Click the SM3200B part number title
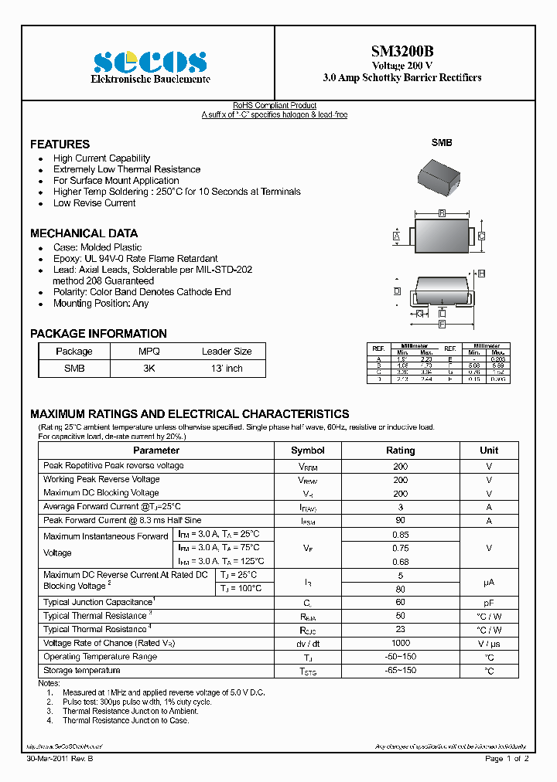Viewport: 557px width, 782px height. click(x=402, y=52)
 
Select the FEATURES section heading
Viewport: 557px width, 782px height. click(x=60, y=144)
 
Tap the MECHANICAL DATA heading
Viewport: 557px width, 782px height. click(x=84, y=233)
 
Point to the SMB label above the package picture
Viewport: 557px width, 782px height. click(x=442, y=143)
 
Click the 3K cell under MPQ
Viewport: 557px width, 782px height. click(x=149, y=369)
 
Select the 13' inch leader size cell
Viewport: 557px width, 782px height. click(x=227, y=369)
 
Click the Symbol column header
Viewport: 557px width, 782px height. click(x=307, y=450)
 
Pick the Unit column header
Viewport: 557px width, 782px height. click(x=488, y=450)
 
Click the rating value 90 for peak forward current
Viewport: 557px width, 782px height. click(x=400, y=521)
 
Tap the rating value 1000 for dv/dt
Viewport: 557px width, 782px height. click(x=400, y=643)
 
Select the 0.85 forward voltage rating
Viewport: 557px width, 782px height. click(x=400, y=535)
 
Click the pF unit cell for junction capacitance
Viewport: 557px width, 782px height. click(x=488, y=602)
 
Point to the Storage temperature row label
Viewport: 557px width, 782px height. click(x=82, y=671)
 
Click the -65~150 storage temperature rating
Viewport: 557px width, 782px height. click(x=400, y=671)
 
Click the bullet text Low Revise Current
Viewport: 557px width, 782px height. click(x=94, y=203)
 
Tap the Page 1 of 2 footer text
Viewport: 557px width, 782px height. click(x=507, y=759)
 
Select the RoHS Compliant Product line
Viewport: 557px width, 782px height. click(x=275, y=106)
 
